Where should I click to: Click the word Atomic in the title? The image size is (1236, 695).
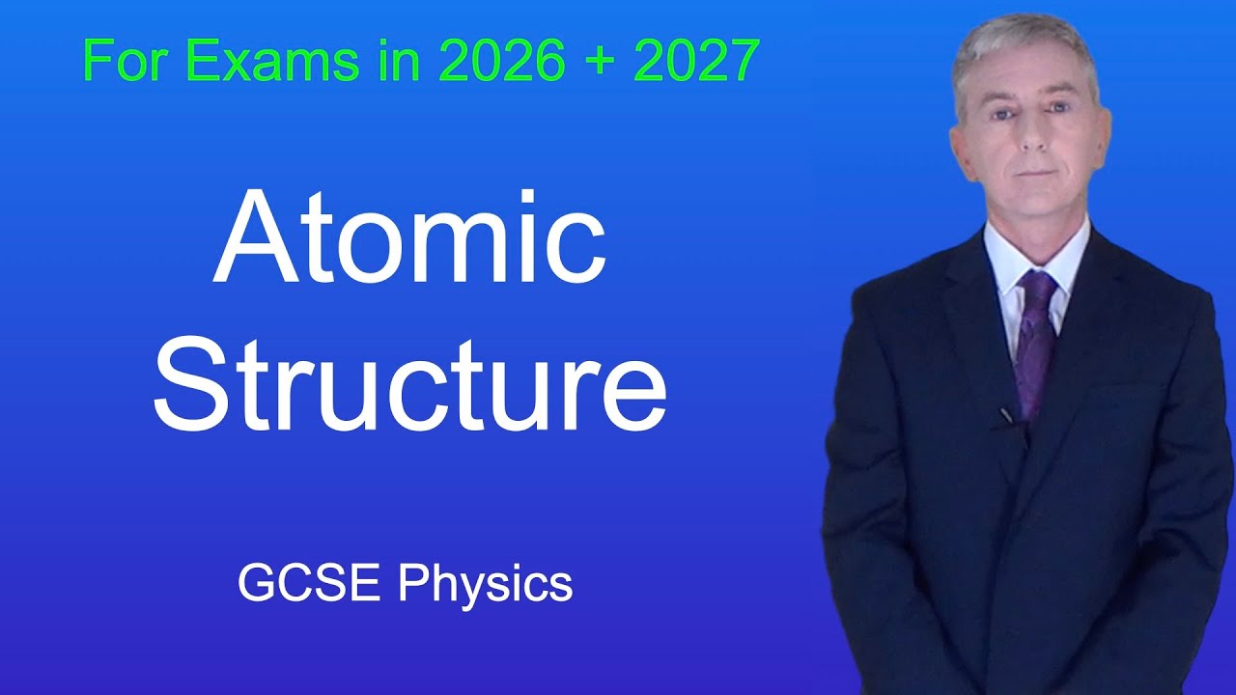(x=409, y=237)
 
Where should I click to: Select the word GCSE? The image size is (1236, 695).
(x=311, y=585)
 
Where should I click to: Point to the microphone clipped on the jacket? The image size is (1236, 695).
(x=1007, y=415)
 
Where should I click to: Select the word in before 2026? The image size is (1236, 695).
(x=404, y=62)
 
